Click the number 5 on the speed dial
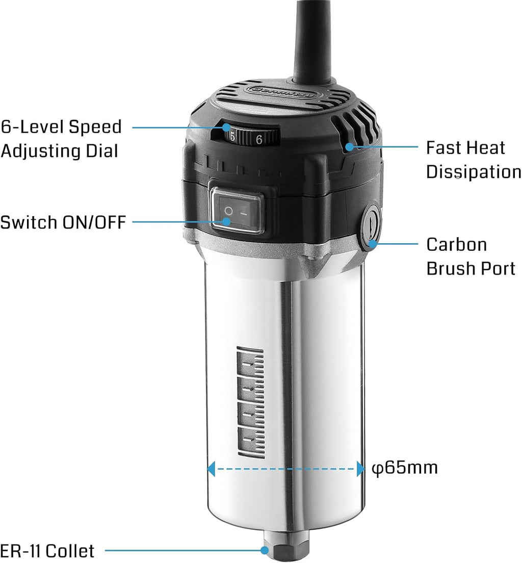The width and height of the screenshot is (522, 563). click(232, 137)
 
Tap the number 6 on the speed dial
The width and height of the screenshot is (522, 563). click(259, 139)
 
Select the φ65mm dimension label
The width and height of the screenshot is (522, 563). click(405, 468)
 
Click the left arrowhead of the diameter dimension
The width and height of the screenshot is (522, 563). click(211, 469)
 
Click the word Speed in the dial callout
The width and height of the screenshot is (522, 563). click(95, 127)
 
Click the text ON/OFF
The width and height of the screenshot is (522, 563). click(94, 222)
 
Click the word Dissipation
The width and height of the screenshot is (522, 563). click(474, 172)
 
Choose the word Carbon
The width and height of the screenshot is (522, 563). click(457, 245)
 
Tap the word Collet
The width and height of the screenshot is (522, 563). click(70, 551)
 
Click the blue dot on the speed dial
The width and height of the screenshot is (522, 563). click(226, 127)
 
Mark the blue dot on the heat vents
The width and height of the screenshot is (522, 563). click(349, 146)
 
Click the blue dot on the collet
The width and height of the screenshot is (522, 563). click(265, 550)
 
